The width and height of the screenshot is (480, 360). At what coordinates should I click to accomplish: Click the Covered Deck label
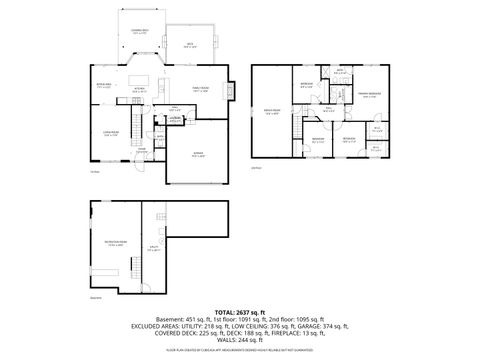139,32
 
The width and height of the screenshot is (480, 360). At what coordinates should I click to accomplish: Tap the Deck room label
189,45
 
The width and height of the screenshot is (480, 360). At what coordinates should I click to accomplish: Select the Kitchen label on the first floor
141,89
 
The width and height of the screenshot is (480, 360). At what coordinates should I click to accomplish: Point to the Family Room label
200,89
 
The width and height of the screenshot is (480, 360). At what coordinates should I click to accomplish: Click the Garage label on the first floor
198,155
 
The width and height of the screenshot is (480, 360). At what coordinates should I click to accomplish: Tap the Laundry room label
174,120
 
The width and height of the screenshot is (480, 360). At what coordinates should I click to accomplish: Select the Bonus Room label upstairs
272,111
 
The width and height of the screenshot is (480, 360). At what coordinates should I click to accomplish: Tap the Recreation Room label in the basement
114,243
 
